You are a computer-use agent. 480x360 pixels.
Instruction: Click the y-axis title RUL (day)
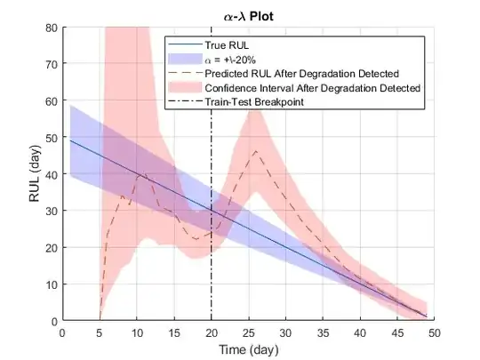[x=35, y=173]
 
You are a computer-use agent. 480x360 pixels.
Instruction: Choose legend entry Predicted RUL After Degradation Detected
[x=300, y=73]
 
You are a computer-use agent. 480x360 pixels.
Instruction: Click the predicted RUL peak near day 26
[x=256, y=151]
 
